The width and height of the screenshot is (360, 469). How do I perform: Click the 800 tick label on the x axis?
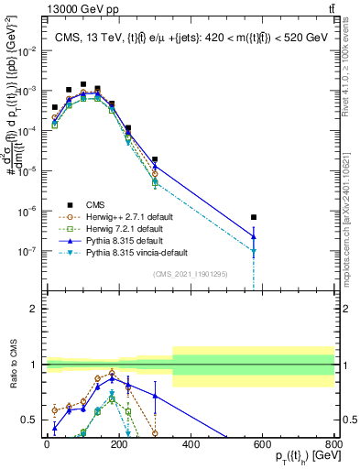[x=334, y=444]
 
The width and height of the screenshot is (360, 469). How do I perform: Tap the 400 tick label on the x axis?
[x=191, y=444]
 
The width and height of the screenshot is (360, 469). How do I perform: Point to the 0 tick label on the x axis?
[x=47, y=444]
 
